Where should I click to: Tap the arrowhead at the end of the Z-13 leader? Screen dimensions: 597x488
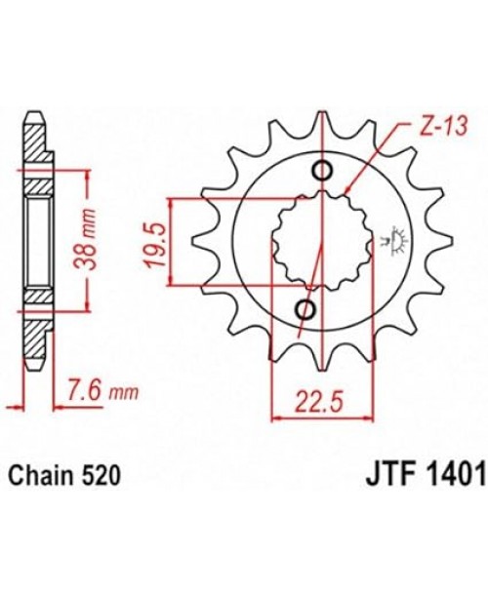346,191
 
